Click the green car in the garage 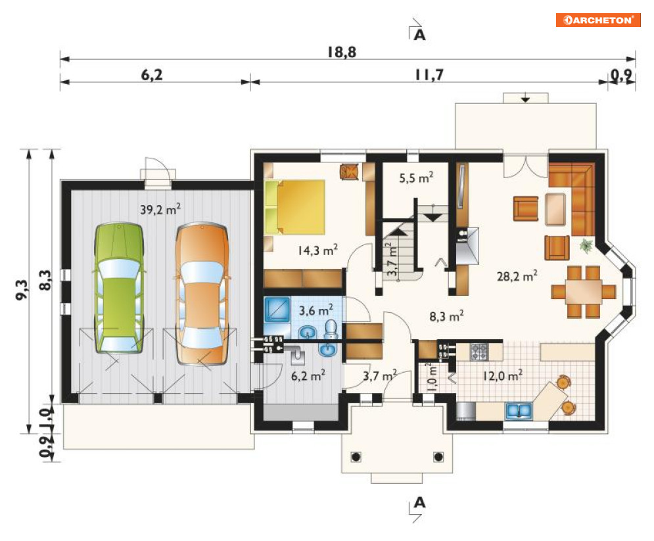click(x=119, y=288)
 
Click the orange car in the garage click(x=202, y=294)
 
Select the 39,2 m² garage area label click(x=160, y=208)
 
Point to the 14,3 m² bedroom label click(x=317, y=250)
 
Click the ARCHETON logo click(x=598, y=20)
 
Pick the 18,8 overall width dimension click(x=342, y=52)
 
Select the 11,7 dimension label click(x=429, y=75)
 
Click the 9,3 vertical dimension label click(x=22, y=289)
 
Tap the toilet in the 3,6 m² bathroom click(x=331, y=329)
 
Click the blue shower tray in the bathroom click(x=277, y=309)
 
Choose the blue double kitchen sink click(x=519, y=411)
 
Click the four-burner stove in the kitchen click(x=479, y=352)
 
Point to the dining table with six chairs click(x=584, y=292)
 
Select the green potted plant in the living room click(x=586, y=245)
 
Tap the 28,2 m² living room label click(x=517, y=275)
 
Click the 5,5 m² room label click(x=416, y=177)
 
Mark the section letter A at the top click(x=419, y=35)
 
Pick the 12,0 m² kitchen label click(x=502, y=375)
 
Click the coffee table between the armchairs click(x=555, y=210)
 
